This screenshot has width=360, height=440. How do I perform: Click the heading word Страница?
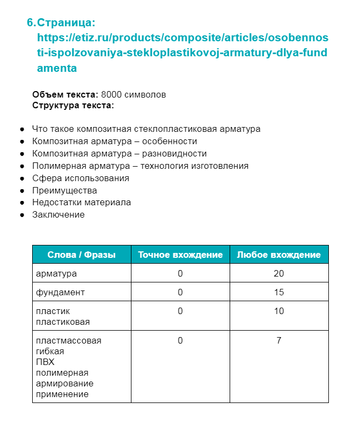pyautogui.click(x=66, y=23)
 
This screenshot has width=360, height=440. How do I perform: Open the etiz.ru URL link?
pyautogui.click(x=182, y=53)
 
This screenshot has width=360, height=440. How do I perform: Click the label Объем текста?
pyautogui.click(x=65, y=94)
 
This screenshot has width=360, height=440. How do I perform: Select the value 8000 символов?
pyautogui.click(x=134, y=94)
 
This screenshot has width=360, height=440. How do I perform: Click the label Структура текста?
pyautogui.click(x=73, y=105)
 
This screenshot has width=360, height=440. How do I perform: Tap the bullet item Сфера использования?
pyautogui.click(x=80, y=178)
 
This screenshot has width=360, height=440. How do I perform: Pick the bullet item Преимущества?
pyautogui.click(x=64, y=190)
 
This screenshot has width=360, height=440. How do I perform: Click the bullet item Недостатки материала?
pyautogui.click(x=82, y=203)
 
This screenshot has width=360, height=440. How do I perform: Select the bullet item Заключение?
pyautogui.click(x=58, y=215)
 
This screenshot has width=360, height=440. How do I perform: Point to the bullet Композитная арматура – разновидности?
pyautogui.click(x=119, y=154)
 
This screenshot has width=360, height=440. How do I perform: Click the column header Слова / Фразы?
pyautogui.click(x=82, y=255)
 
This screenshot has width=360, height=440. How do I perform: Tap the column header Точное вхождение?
pyautogui.click(x=180, y=255)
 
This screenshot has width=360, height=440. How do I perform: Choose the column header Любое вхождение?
pyautogui.click(x=279, y=255)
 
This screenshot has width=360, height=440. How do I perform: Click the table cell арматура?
pyautogui.click(x=56, y=273)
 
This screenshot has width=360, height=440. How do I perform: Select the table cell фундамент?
pyautogui.click(x=60, y=292)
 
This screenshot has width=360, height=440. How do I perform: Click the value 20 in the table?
pyautogui.click(x=279, y=273)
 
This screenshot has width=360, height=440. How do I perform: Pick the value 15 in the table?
pyautogui.click(x=279, y=292)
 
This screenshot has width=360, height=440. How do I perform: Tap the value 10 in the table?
pyautogui.click(x=279, y=311)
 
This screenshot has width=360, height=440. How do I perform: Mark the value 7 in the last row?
pyautogui.click(x=279, y=340)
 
